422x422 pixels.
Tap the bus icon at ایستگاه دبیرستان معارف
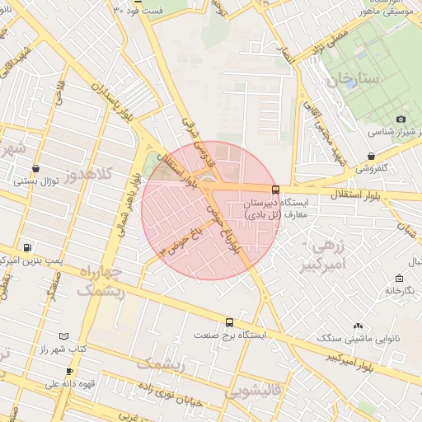pyautogui.click(x=275, y=189)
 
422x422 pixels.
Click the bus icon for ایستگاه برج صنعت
pyautogui.click(x=229, y=323)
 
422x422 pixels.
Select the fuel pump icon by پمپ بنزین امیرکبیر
pyautogui.click(x=29, y=247)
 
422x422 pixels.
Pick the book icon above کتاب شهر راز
pyautogui.click(x=64, y=336)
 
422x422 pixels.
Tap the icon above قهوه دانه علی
pyautogui.click(x=69, y=372)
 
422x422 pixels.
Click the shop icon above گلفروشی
pyautogui.click(x=371, y=156)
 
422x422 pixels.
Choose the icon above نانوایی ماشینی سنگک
pyautogui.click(x=357, y=326)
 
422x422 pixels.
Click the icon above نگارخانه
pyautogui.click(x=399, y=278)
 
